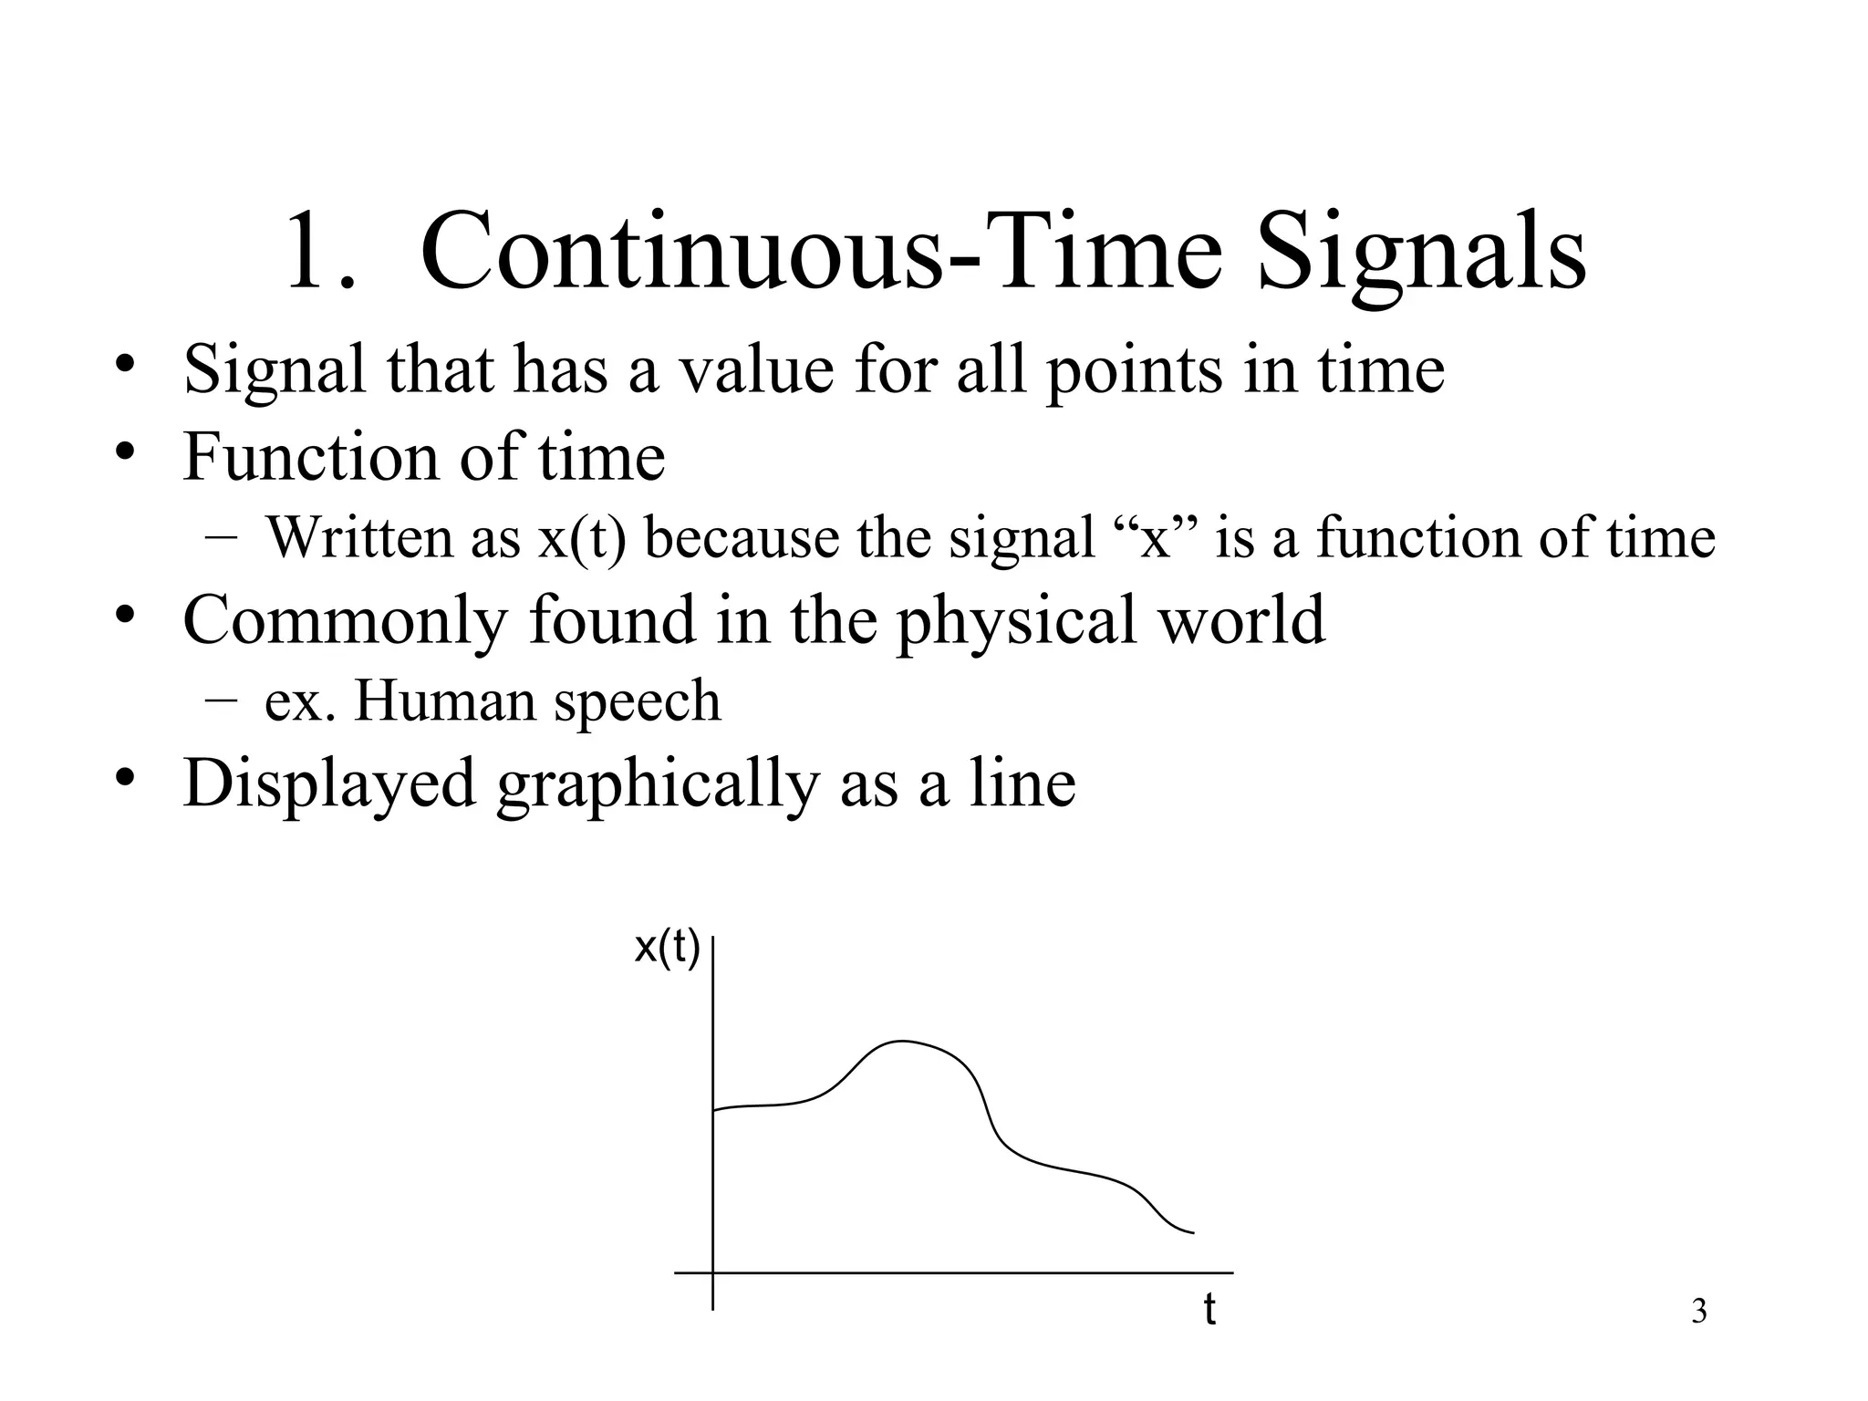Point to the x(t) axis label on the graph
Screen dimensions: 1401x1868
pos(667,949)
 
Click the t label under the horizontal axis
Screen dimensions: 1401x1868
pos(1209,1309)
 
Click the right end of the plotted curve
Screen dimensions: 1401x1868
pos(1192,1233)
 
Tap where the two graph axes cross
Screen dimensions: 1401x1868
pos(712,1271)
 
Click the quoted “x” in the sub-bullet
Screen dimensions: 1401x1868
pos(1156,537)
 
